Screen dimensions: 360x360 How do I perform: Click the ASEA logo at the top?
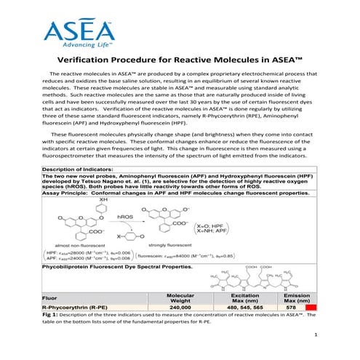pos(78,29)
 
